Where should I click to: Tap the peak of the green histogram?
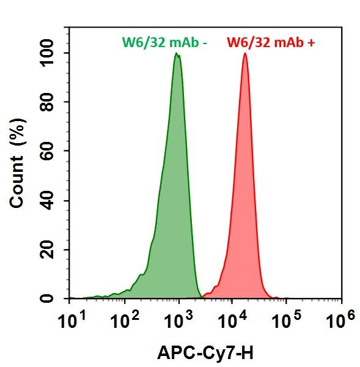[x=177, y=54]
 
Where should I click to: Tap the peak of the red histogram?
[x=245, y=54]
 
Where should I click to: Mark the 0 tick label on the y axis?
[x=57, y=298]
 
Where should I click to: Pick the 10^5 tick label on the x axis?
[x=285, y=319]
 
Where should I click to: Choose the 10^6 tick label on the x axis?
[x=340, y=319]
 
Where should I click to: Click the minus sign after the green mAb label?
[x=206, y=43]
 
